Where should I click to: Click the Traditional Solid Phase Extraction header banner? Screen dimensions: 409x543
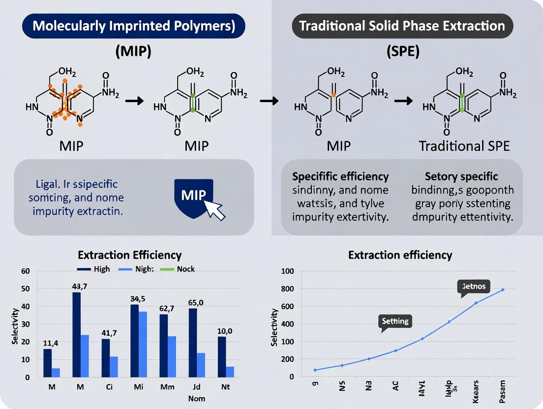[x=402, y=26]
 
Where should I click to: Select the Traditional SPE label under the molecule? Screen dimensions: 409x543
[x=464, y=146]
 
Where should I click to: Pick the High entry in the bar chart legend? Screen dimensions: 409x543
[x=94, y=269]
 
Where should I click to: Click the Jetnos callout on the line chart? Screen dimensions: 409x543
[x=474, y=286]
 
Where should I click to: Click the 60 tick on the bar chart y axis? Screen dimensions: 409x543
[x=26, y=271]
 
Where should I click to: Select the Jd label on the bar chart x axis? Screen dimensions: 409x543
[x=196, y=387]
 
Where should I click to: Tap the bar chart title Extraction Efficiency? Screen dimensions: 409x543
[x=130, y=255]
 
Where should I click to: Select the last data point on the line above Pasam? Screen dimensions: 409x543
[x=503, y=290]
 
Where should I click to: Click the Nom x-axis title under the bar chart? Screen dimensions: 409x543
[x=196, y=398]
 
